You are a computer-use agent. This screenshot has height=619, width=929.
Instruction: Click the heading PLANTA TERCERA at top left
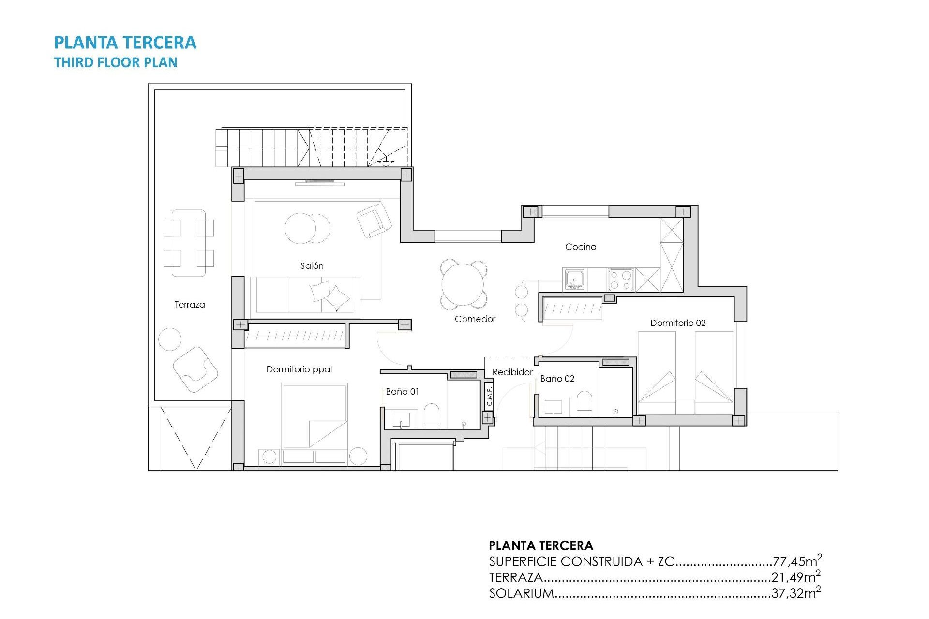125,43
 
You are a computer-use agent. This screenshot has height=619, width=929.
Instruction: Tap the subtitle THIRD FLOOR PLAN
116,62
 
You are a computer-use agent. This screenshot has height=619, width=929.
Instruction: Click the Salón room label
312,265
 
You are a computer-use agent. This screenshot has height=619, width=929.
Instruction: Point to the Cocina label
581,247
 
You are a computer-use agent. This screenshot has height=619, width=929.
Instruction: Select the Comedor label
475,319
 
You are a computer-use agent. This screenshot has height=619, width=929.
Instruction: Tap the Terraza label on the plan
190,304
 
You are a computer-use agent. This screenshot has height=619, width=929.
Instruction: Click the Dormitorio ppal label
299,369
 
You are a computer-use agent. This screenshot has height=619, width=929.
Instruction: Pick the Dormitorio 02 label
677,323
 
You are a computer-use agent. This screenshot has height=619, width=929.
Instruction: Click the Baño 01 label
402,391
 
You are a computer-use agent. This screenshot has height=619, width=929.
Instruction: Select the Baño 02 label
557,378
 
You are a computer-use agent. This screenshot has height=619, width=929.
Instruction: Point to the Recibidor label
512,372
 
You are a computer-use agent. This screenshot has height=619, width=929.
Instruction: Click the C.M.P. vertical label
489,396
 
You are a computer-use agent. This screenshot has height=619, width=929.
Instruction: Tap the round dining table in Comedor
463,284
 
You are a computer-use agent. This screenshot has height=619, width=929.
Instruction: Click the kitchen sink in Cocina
574,280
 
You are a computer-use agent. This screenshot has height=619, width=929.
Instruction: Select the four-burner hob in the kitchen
620,280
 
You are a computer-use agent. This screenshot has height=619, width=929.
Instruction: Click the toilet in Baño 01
431,416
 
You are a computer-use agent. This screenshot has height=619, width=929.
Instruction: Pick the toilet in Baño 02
584,403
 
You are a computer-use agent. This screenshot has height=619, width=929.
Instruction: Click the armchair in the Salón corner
374,220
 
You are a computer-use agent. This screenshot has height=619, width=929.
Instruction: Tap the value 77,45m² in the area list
797,561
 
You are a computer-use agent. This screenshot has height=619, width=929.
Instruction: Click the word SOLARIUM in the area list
521,593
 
